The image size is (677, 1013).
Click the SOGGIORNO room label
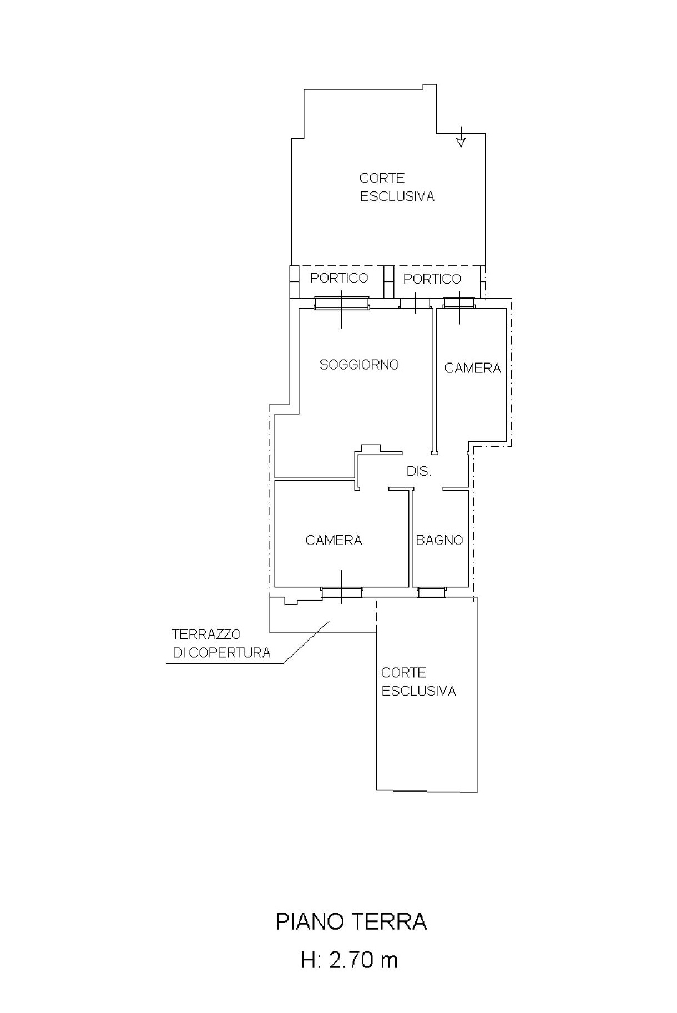[x=359, y=365]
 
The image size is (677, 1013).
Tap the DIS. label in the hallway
[x=419, y=471]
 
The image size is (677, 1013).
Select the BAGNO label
[x=439, y=540]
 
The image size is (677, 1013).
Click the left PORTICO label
[x=339, y=278]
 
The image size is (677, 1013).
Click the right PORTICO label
[x=432, y=279]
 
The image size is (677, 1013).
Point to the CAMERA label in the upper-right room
[x=473, y=368]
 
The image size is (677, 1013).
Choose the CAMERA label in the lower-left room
[x=334, y=540]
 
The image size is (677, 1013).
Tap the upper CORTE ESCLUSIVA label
[x=397, y=188]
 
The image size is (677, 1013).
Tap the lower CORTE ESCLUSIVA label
[x=418, y=682]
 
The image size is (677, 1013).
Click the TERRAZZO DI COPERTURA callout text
[x=221, y=643]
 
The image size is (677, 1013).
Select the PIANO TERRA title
[x=351, y=922]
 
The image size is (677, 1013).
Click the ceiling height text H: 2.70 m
[x=350, y=960]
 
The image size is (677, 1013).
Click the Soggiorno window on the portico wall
[x=341, y=303]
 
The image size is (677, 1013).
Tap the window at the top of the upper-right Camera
[x=459, y=303]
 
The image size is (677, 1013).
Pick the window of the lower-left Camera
[x=342, y=593]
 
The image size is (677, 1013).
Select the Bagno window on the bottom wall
[x=431, y=593]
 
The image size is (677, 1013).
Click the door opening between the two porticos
[x=416, y=304]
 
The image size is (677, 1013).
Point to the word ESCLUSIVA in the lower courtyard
[x=419, y=691]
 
